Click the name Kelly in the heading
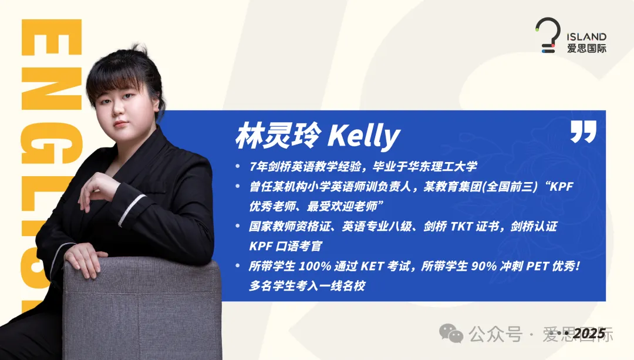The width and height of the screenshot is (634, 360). click(364, 137)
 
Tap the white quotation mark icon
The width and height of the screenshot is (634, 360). click(583, 132)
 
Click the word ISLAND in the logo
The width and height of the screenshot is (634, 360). click(587, 37)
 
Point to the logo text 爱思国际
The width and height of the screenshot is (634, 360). click(587, 49)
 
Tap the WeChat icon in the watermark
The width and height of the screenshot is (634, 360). click(451, 335)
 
